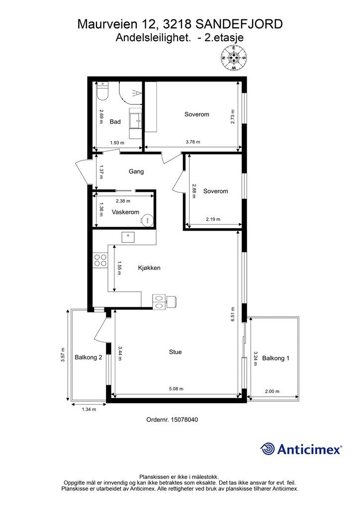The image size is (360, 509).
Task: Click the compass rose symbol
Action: (x=234, y=58)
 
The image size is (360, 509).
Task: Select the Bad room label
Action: (x=115, y=122)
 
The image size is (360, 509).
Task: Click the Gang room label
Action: (x=136, y=171)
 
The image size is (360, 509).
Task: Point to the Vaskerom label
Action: (x=125, y=212)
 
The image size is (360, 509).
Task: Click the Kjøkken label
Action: (x=149, y=268)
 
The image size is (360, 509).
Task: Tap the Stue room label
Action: (x=176, y=352)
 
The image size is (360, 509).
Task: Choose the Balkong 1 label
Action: (x=275, y=358)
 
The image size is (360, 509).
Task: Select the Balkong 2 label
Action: (x=89, y=357)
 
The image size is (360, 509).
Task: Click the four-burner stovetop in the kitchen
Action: (x=100, y=260)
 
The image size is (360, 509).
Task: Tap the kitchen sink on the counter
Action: (x=129, y=237)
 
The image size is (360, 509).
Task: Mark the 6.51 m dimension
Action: (x=233, y=314)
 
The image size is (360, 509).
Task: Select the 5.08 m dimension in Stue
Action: (x=176, y=389)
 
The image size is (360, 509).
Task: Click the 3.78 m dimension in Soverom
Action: (x=193, y=142)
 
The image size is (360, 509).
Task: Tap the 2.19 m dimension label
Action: (x=213, y=219)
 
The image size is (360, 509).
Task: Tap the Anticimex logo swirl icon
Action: (x=268, y=449)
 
